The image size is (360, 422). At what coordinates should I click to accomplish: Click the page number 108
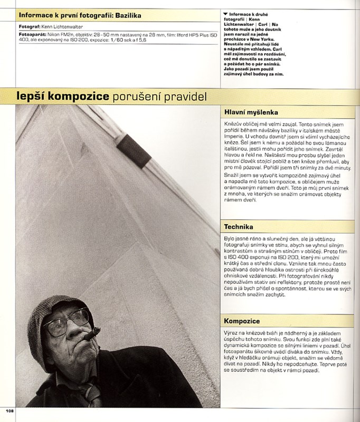pos(10,411)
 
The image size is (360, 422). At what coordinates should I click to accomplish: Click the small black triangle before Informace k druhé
pos(226,14)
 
